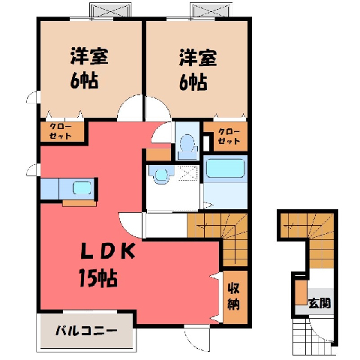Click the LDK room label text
[108, 250]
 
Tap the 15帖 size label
[98, 278]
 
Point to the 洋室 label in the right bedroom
[198, 58]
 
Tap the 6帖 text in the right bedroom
[193, 82]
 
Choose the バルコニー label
[86, 331]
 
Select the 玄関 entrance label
[319, 303]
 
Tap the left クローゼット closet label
[61, 131]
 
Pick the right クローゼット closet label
[229, 136]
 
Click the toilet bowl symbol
[187, 144]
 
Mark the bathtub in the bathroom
[225, 168]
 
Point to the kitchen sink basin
[82, 188]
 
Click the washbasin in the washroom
[160, 174]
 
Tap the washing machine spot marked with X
[188, 172]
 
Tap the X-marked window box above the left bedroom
[110, 10]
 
